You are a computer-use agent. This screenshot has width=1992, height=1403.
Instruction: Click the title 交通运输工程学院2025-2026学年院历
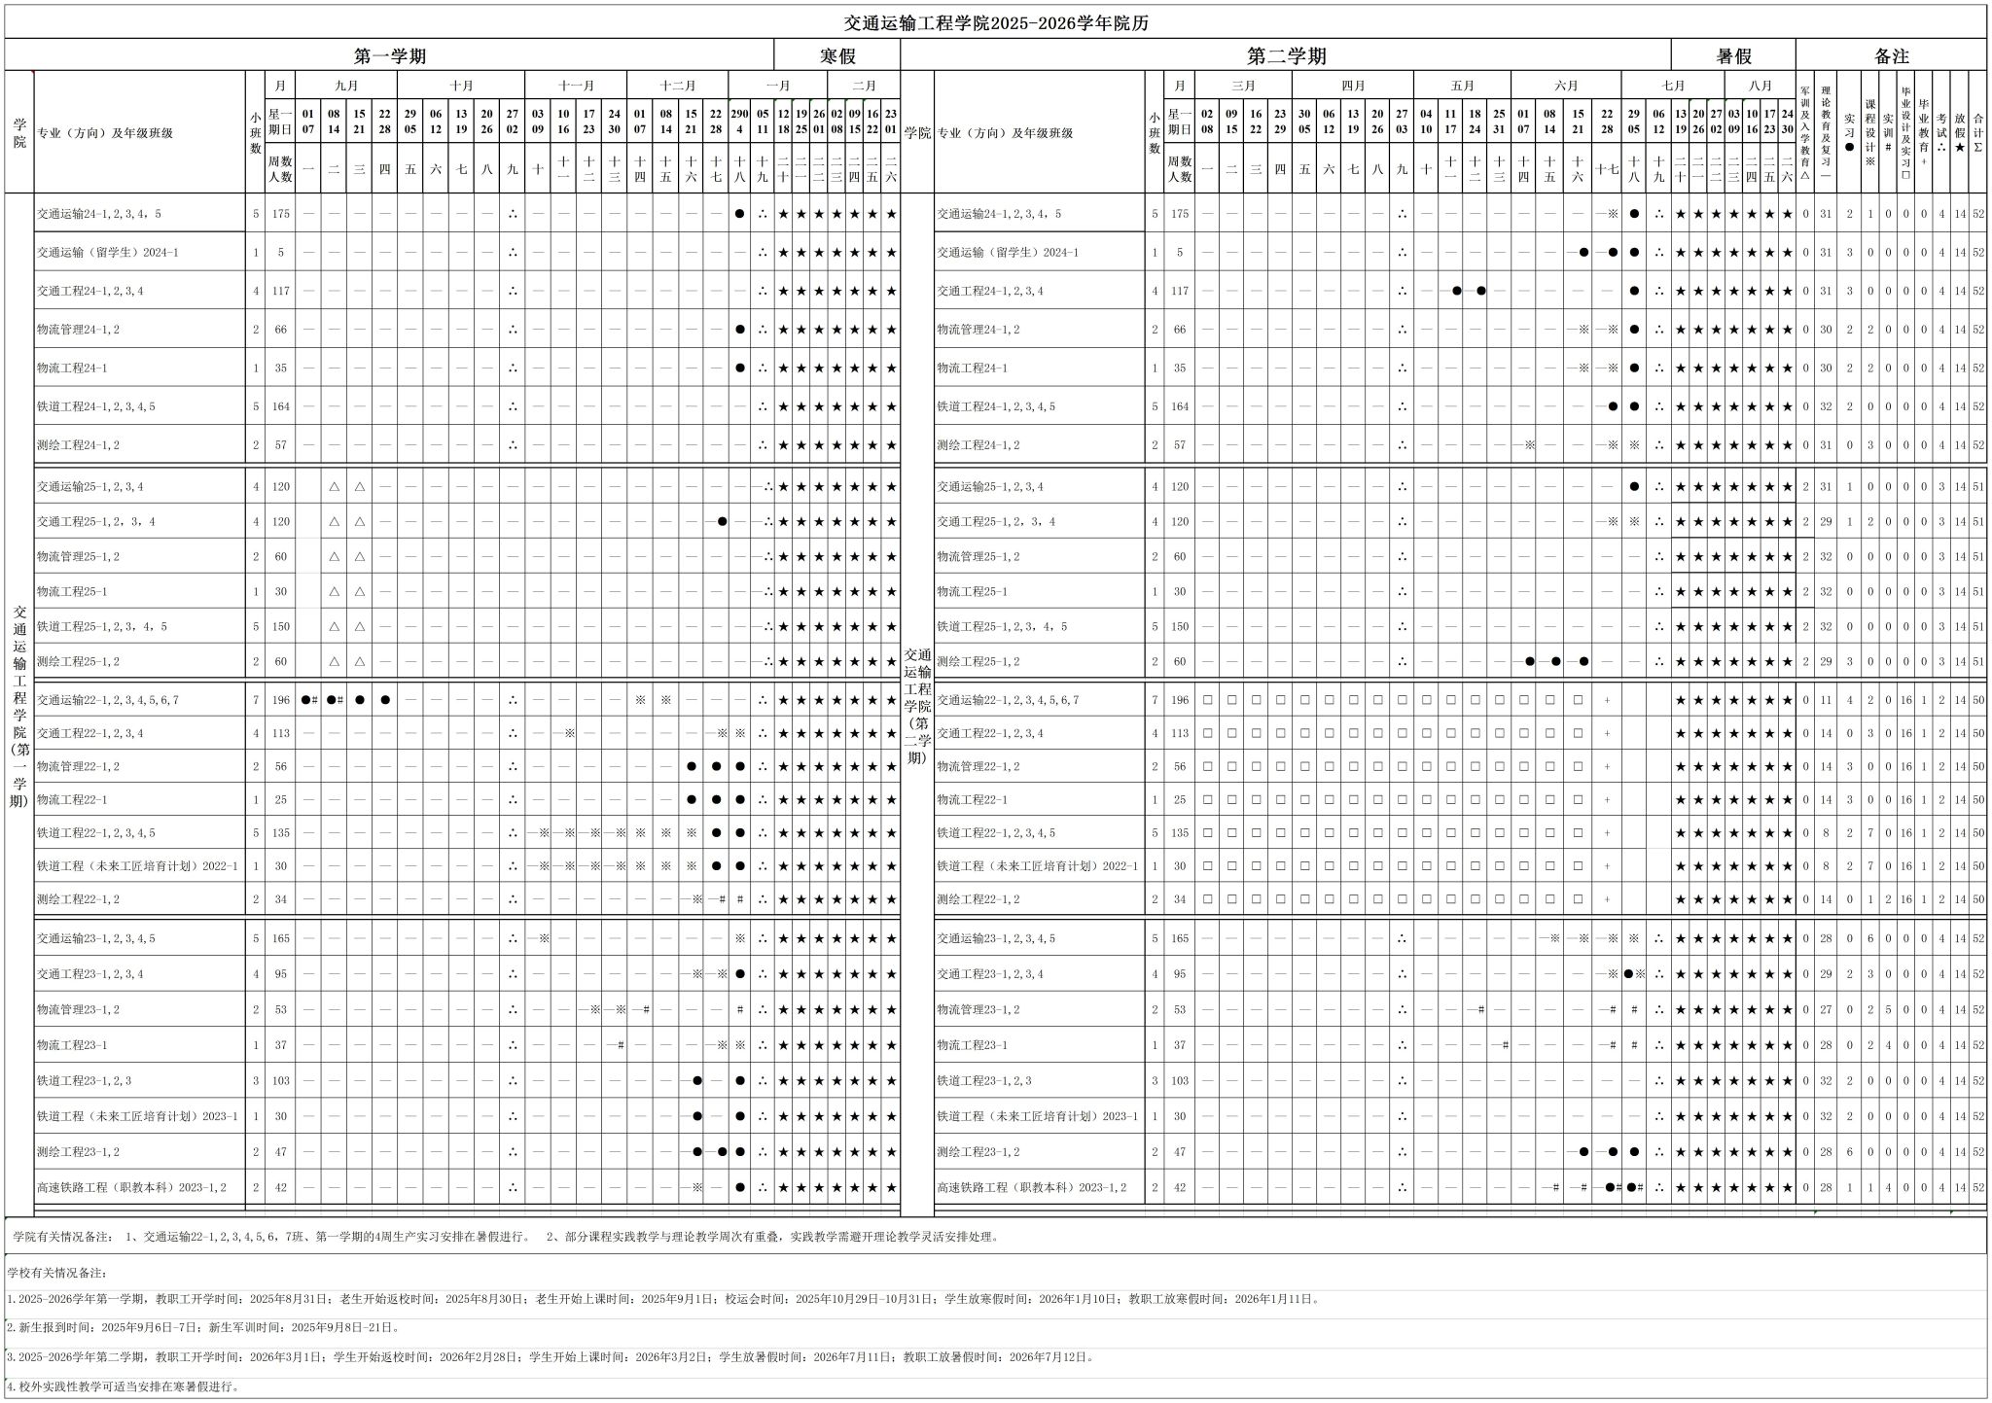click(x=996, y=23)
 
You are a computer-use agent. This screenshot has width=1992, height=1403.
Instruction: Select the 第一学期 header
click(x=389, y=55)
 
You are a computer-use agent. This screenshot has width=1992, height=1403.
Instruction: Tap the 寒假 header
click(x=836, y=55)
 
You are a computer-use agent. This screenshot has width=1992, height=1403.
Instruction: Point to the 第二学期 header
click(x=1286, y=55)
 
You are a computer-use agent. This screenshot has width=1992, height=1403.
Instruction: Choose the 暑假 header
click(x=1733, y=55)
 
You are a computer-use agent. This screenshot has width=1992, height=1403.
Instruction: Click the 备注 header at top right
click(x=1891, y=55)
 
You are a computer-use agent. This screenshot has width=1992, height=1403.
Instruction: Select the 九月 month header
click(x=346, y=86)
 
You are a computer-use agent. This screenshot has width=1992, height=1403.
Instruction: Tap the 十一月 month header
click(x=576, y=86)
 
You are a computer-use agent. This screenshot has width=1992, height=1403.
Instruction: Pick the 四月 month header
click(x=1353, y=86)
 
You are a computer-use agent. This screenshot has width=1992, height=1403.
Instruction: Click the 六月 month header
click(x=1566, y=86)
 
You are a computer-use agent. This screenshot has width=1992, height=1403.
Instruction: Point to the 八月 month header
click(x=1761, y=86)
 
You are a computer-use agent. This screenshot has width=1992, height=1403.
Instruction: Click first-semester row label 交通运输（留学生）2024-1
click(x=108, y=253)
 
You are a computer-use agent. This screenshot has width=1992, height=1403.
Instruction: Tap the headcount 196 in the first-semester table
click(x=281, y=700)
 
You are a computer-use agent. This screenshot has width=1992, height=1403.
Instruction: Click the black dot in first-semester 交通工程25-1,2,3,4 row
click(x=722, y=522)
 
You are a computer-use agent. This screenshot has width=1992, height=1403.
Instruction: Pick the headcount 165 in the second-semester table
click(x=1180, y=939)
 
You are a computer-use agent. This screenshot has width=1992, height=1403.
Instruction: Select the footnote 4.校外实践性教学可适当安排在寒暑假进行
click(x=124, y=1386)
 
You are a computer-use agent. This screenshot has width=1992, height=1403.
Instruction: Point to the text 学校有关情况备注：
click(x=56, y=1272)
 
